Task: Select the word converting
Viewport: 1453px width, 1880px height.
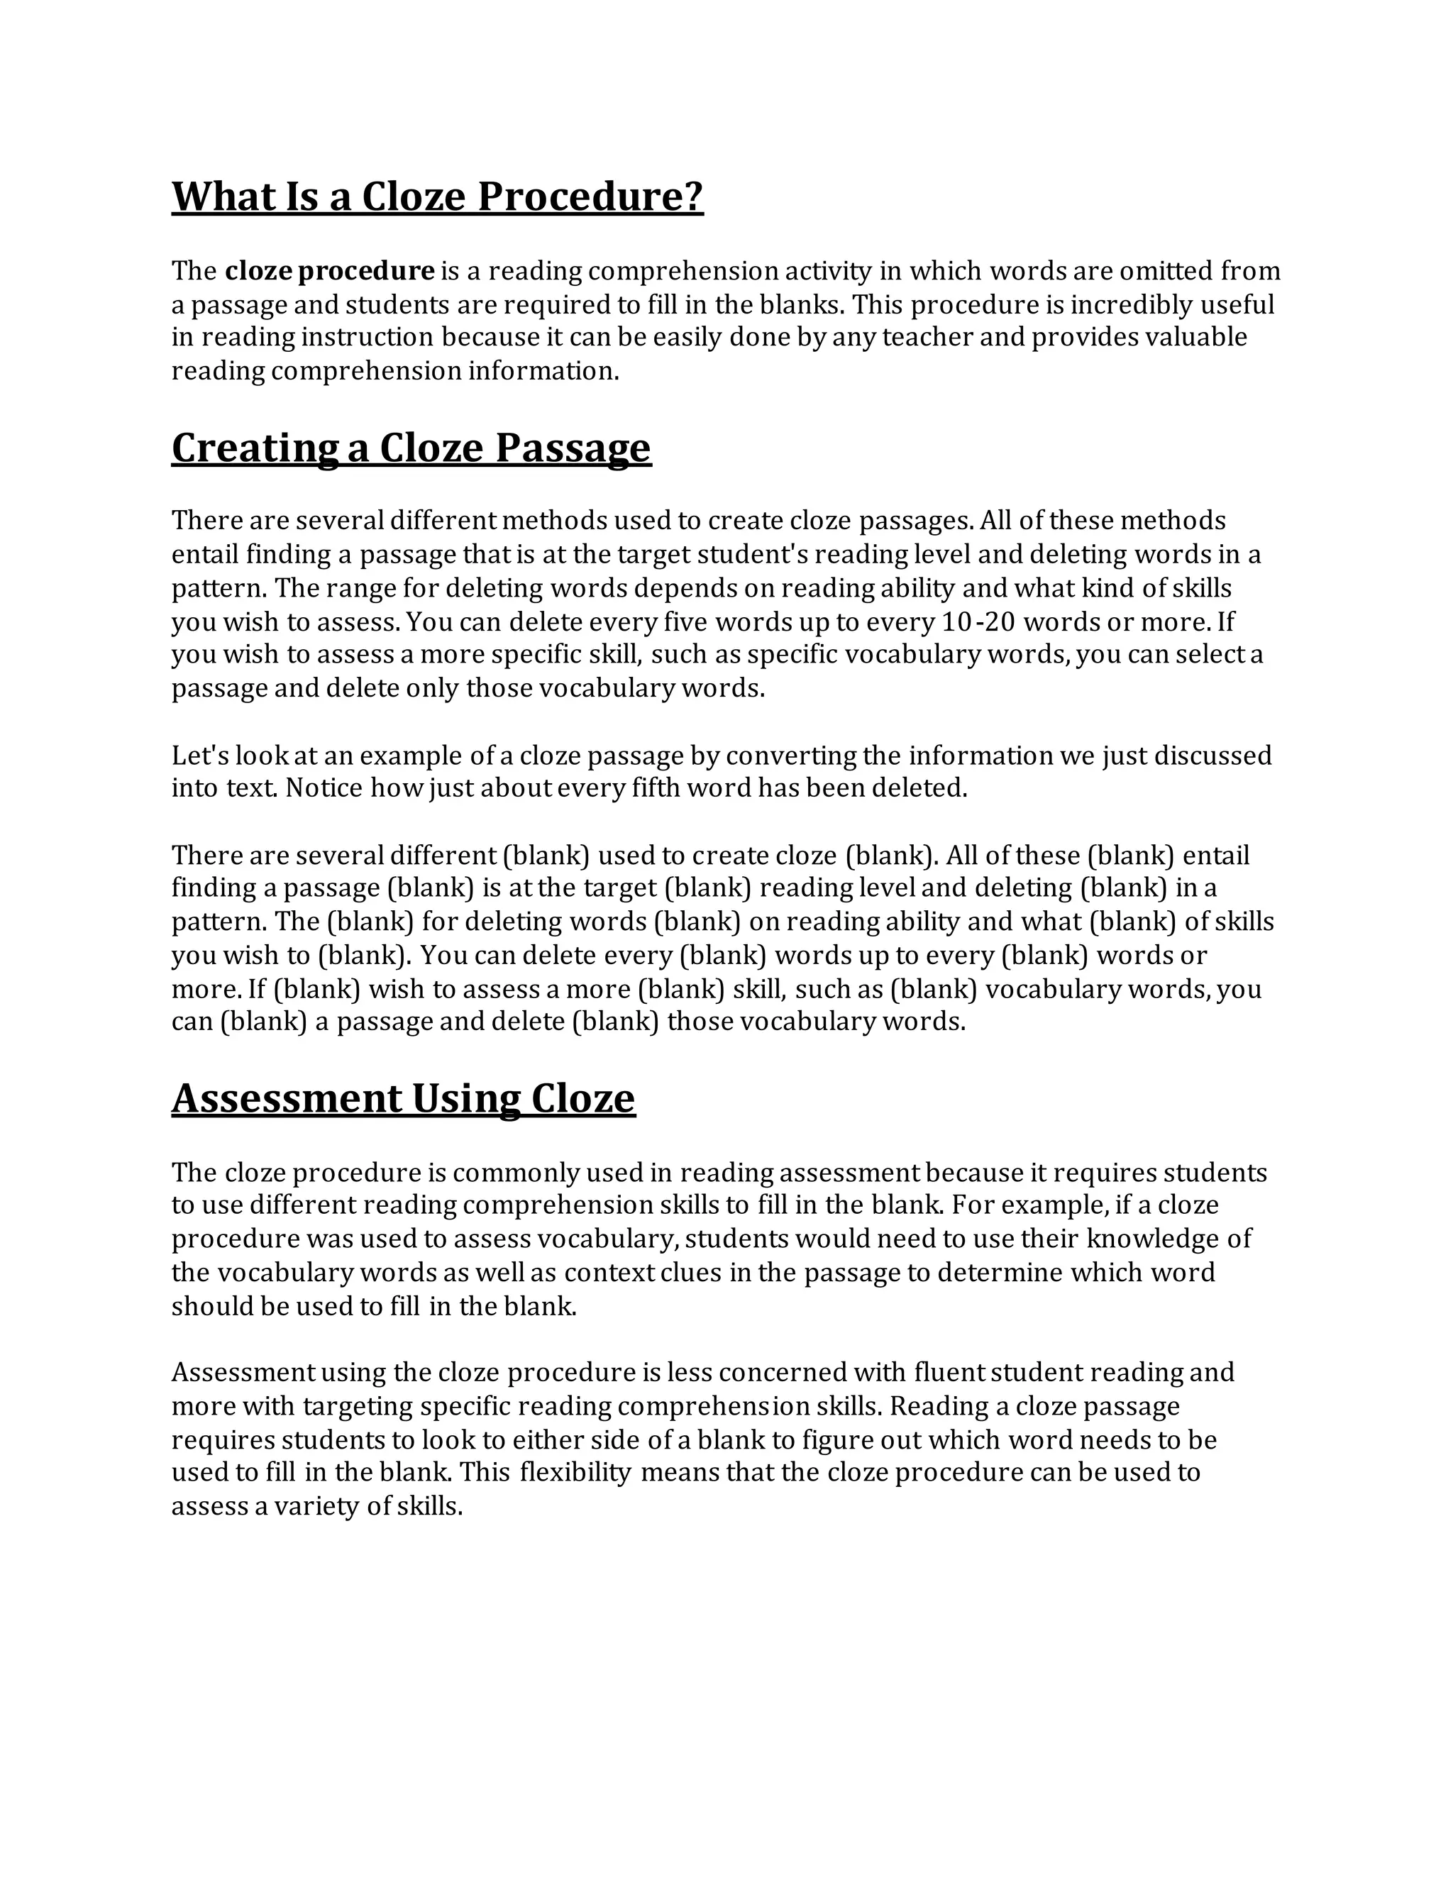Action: pyautogui.click(x=791, y=756)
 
